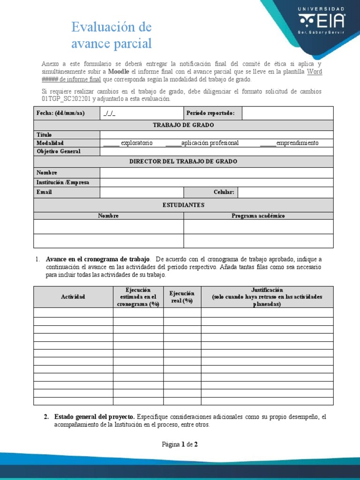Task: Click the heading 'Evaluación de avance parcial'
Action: [x=112, y=35]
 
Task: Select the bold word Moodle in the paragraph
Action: [x=119, y=72]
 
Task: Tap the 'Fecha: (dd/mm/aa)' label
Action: [x=60, y=113]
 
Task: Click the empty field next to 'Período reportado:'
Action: [x=287, y=113]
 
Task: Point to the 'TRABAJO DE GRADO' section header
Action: [x=183, y=125]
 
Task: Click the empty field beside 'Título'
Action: [x=216, y=135]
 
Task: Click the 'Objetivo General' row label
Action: [x=59, y=151]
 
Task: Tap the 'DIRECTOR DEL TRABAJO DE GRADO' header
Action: [x=183, y=162]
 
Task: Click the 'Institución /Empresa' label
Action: [x=63, y=182]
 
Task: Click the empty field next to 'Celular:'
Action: [x=285, y=192]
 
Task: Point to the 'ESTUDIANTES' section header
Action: [x=183, y=205]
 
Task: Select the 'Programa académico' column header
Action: [x=258, y=216]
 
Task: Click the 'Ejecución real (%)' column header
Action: [x=182, y=297]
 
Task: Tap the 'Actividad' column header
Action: [x=73, y=297]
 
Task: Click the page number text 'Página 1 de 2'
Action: [x=180, y=444]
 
